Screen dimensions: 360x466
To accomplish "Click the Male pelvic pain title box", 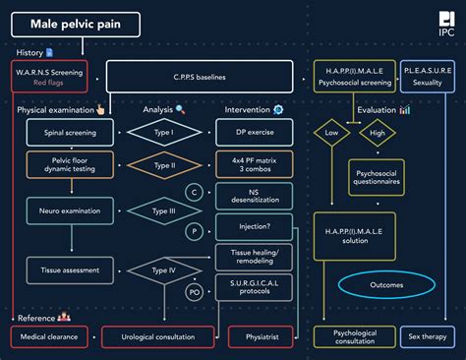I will pyautogui.click(x=77, y=24).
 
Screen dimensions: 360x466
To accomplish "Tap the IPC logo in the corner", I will pyautogui.click(x=446, y=25).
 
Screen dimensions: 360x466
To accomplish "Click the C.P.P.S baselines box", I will pyautogui.click(x=200, y=77).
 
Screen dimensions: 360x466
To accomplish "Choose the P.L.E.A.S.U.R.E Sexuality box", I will pyautogui.click(x=429, y=77).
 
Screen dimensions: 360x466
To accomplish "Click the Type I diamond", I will pyautogui.click(x=164, y=131).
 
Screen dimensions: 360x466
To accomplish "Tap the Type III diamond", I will pyautogui.click(x=164, y=210).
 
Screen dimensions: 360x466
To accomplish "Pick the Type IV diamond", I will pyautogui.click(x=164, y=269).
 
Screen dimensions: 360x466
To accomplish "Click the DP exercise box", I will pyautogui.click(x=255, y=131).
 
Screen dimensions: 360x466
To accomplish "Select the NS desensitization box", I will pyautogui.click(x=255, y=196).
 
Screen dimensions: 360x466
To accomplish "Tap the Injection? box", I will pyautogui.click(x=255, y=227).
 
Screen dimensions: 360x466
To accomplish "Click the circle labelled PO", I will pyautogui.click(x=195, y=291).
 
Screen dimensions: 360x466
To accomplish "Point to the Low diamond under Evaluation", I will pyautogui.click(x=332, y=132).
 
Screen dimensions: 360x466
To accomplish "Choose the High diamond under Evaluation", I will pyautogui.click(x=377, y=132).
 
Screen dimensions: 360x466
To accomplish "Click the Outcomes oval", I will pyautogui.click(x=386, y=285).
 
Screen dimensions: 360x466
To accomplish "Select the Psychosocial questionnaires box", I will pyautogui.click(x=378, y=180).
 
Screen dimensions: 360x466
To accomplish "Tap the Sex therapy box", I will pyautogui.click(x=429, y=336).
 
